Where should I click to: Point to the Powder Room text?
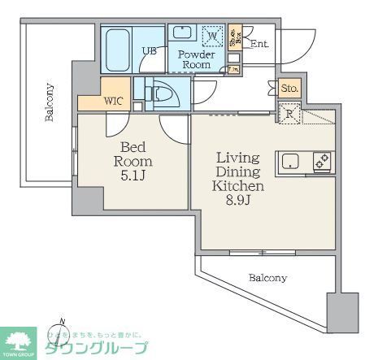point(196,59)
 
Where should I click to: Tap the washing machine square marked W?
point(212,37)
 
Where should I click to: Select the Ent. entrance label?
point(259,44)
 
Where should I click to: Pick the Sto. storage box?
point(289,88)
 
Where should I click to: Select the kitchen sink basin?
point(290,161)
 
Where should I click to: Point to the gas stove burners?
point(319,160)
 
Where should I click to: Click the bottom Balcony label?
point(267,278)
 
